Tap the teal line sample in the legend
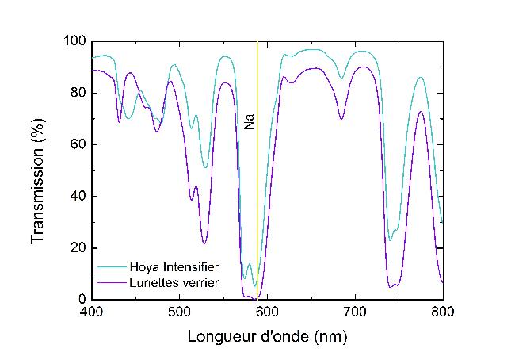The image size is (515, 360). pos(111,267)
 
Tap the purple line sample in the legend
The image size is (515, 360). pos(111,282)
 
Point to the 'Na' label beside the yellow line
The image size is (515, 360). pos(249,123)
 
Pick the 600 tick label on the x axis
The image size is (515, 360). pos(267,312)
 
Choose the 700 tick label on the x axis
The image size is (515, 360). pos(354,312)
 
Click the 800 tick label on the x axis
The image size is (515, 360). pos(442,312)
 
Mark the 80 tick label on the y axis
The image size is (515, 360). pos(78,93)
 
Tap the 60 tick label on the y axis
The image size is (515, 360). pos(78,144)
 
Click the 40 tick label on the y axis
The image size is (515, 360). pos(78,196)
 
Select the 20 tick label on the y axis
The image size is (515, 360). pos(78,247)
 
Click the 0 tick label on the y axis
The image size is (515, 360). pos(82,299)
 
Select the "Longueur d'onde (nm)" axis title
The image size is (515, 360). pos(267,336)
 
